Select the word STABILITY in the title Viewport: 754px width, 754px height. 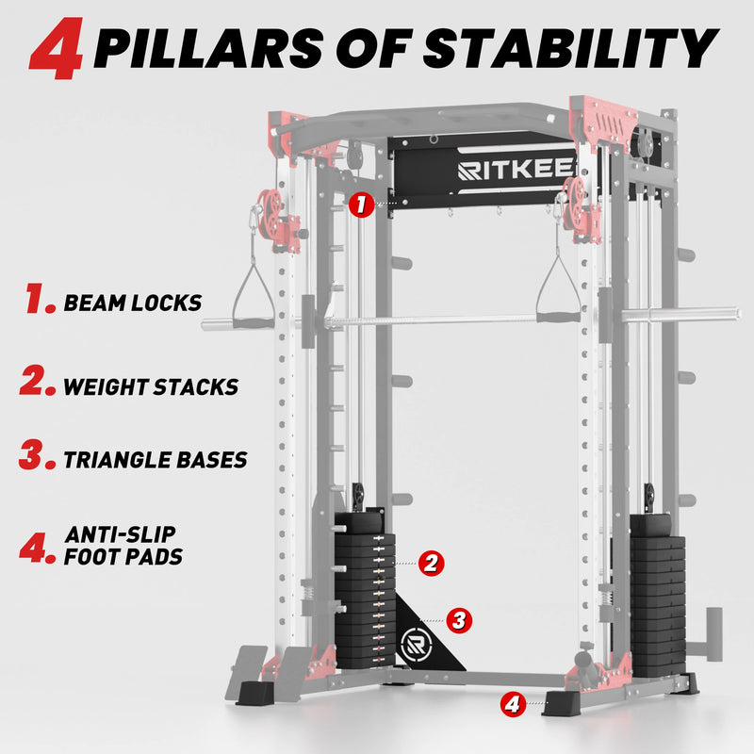pos(571,48)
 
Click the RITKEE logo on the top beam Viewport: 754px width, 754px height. pos(516,170)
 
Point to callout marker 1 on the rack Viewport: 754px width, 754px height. pos(362,205)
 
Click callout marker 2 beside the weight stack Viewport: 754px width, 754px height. pos(431,563)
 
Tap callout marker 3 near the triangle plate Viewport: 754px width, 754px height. pos(459,620)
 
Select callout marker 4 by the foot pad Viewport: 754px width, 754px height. pos(513,704)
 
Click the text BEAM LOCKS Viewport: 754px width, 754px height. pos(133,303)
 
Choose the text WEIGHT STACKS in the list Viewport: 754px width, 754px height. pos(151,387)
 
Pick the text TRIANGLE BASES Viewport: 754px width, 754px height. pos(156,460)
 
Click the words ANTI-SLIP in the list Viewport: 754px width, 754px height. pos(121,534)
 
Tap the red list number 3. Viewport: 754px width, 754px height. pos(37,455)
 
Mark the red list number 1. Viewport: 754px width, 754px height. pos(41,298)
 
